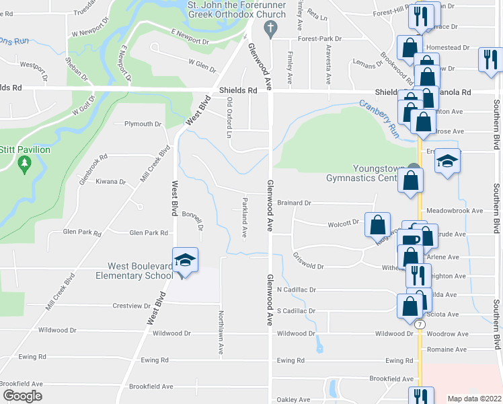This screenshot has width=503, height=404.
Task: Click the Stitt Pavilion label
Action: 25,149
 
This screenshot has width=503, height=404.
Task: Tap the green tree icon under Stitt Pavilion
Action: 25,163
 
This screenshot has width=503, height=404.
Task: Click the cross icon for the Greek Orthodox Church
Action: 270,28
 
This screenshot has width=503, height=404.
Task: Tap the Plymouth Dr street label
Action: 143,124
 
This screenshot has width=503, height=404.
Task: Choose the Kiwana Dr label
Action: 111,182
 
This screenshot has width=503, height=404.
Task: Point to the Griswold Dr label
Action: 309,261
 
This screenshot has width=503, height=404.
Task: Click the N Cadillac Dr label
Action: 297,290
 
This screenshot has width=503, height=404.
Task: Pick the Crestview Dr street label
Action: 132,305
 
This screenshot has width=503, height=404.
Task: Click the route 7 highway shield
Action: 420,325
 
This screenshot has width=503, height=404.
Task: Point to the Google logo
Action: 22,396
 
